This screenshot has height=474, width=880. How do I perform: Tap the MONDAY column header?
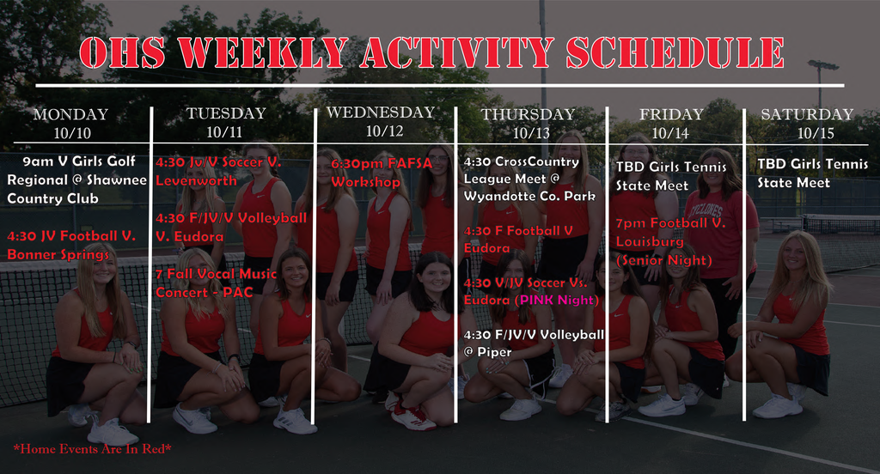click(70, 115)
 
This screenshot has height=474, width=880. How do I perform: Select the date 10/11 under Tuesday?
click(226, 131)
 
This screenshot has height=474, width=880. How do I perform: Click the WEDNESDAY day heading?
click(381, 112)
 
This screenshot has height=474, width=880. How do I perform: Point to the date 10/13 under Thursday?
click(530, 132)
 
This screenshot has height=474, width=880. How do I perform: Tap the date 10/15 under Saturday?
click(815, 132)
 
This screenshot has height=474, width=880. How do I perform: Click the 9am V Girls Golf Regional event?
click(76, 179)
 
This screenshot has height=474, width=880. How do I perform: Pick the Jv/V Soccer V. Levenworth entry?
click(218, 171)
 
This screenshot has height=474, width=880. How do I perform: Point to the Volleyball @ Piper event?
click(533, 343)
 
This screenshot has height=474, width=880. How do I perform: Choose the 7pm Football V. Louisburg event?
click(670, 232)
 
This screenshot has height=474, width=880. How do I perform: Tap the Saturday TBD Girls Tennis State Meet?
click(812, 173)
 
